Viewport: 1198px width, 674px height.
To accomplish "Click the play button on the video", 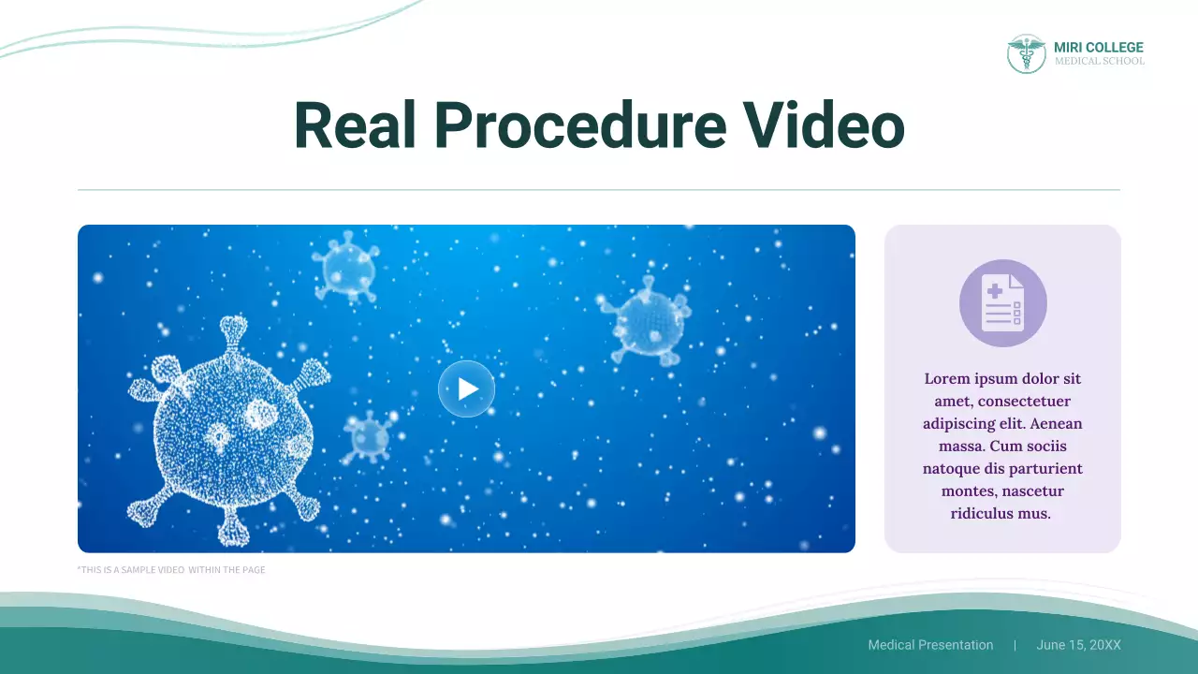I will point(466,388).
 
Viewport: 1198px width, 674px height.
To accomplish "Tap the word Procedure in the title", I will point(579,125).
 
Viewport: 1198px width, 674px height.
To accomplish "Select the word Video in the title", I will point(824,125).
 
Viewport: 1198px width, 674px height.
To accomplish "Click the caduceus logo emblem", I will point(1026,53).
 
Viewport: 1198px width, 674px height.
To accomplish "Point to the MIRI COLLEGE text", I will point(1098,47).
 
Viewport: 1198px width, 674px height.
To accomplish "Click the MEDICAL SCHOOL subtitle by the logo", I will point(1099,62).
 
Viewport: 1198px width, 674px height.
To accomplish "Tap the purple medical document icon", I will point(1002,303).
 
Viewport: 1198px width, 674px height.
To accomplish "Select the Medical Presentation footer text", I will point(930,645).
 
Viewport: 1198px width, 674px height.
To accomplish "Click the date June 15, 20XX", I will point(1078,645).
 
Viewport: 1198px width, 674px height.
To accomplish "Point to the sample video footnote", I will point(171,569).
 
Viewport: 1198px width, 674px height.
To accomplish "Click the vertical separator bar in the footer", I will point(1015,645).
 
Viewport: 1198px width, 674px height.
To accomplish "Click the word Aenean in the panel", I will point(1057,424).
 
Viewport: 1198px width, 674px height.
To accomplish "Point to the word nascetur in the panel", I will point(1031,491).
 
